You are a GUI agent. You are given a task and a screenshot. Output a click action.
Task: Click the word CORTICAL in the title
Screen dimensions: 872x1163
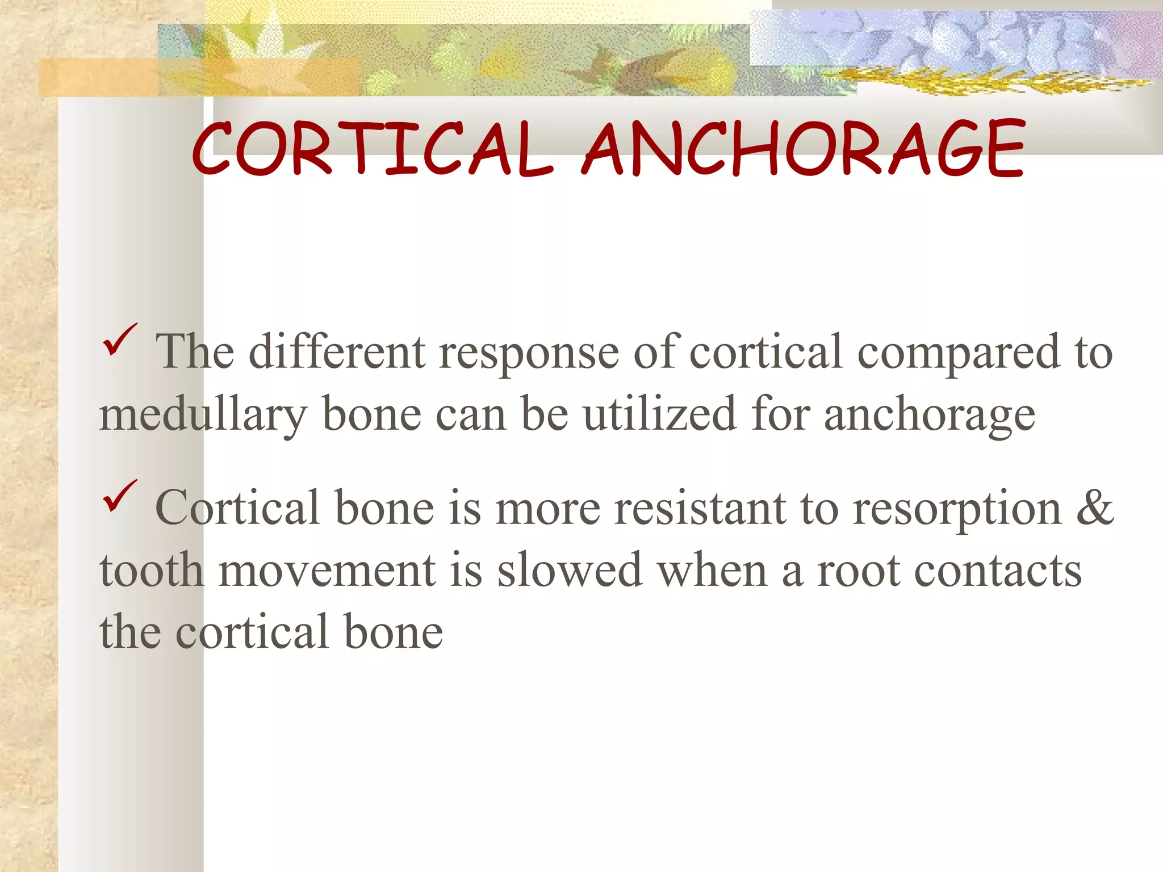pos(372,149)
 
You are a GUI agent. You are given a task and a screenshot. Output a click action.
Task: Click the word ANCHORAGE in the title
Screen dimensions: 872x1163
pos(804,149)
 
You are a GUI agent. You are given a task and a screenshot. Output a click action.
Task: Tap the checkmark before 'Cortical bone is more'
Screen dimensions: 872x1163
pos(119,496)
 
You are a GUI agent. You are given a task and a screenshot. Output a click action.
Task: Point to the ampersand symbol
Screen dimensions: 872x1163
pos(1094,507)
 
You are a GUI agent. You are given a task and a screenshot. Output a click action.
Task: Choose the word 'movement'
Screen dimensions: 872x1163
pos(327,571)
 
